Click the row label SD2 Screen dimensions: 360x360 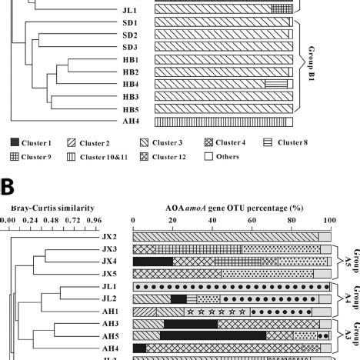click(x=130, y=35)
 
